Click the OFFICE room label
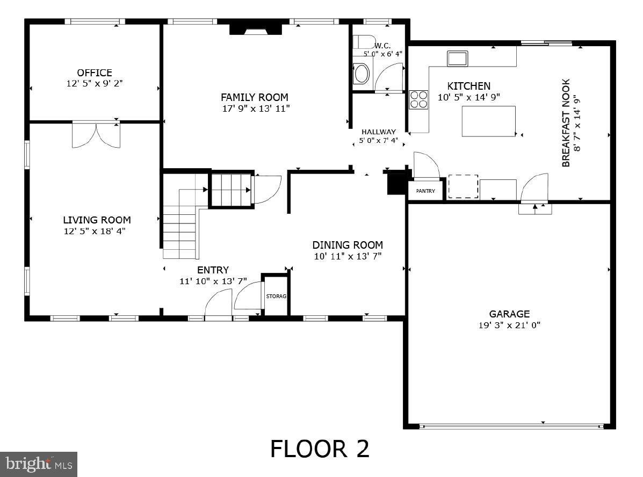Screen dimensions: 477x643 (95, 73)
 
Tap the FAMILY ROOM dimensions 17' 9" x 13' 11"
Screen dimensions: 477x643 (255, 109)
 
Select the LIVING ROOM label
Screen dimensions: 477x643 (97, 220)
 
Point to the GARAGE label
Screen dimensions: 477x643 (509, 314)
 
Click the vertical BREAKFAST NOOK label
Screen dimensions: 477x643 (566, 123)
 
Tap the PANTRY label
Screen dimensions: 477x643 (425, 191)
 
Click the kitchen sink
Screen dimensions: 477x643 (457, 58)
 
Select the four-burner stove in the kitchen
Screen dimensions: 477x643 (419, 99)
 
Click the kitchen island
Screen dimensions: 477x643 (488, 121)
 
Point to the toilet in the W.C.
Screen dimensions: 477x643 (365, 42)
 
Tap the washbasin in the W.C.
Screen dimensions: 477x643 (362, 74)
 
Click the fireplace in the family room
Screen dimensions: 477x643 (255, 29)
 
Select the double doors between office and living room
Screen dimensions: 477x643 (96, 135)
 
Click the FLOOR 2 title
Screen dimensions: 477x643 (320, 449)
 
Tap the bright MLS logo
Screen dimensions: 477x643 (39, 464)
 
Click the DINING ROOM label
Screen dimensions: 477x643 (348, 245)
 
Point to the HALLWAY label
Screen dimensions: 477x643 (378, 132)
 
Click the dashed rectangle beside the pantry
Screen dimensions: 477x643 (463, 186)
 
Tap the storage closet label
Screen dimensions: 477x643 (276, 296)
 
